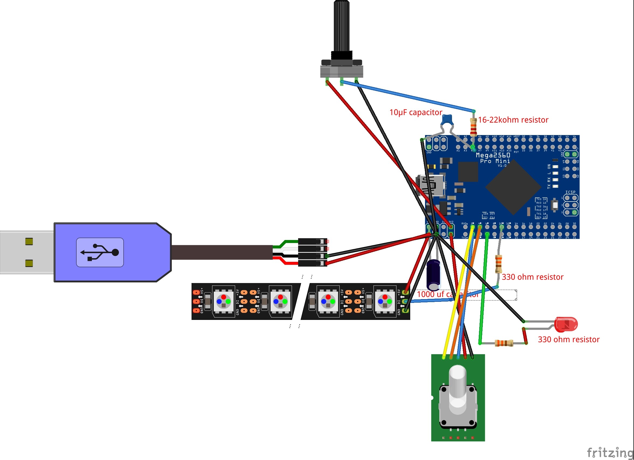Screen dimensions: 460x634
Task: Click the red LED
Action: [566, 324]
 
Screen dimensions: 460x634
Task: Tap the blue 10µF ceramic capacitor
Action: [446, 120]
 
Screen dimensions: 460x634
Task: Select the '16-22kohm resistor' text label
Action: [513, 120]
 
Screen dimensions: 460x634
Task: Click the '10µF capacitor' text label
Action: [416, 112]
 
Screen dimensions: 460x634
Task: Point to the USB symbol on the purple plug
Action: [100, 252]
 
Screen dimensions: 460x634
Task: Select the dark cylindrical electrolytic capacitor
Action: [433, 275]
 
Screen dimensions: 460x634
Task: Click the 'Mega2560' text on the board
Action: [493, 155]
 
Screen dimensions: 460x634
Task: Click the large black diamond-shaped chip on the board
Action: [513, 187]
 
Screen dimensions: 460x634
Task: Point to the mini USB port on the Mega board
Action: [431, 185]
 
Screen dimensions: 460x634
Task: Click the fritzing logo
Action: [609, 452]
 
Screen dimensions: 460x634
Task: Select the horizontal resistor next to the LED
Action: [504, 343]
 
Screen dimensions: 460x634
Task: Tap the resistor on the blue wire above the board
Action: [473, 127]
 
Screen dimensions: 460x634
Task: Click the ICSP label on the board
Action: [570, 192]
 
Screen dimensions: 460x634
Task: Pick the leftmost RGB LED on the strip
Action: [223, 301]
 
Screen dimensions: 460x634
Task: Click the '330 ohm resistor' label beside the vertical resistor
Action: [532, 277]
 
